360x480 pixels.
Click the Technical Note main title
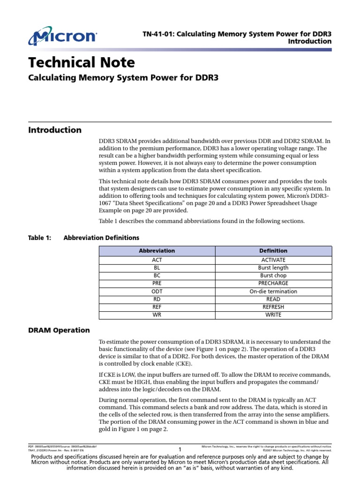tap(82, 62)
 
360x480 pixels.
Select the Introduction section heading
tap(55, 130)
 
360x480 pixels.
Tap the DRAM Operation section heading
tap(59, 330)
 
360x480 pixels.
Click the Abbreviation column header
tap(157, 251)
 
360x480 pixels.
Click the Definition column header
tap(273, 251)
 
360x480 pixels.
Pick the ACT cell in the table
tap(157, 260)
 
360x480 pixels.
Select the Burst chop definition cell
tap(273, 276)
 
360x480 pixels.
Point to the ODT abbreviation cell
tap(157, 291)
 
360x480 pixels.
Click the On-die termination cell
tap(273, 291)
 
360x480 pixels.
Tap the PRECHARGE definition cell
tap(273, 283)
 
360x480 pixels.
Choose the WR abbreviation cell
tap(157, 315)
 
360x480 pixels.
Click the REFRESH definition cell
tap(273, 307)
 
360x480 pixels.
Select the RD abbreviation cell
tap(157, 299)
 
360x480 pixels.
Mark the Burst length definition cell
tap(273, 268)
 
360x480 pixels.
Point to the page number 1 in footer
tap(180, 450)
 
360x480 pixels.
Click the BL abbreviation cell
tap(157, 268)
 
